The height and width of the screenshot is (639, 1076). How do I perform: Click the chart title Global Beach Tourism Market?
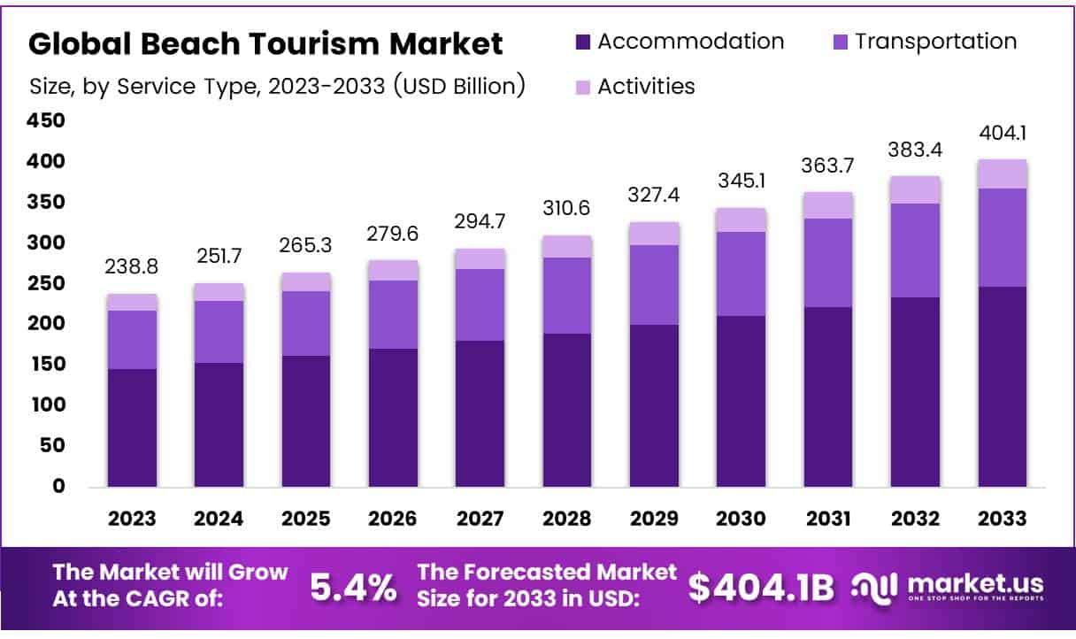pyautogui.click(x=266, y=43)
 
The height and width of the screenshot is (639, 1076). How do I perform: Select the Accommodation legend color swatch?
pyautogui.click(x=582, y=42)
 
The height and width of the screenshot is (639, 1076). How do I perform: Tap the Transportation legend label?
pyautogui.click(x=935, y=42)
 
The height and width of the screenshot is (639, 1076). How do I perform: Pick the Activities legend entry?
pyautogui.click(x=646, y=86)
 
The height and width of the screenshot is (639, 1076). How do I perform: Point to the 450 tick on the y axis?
pyautogui.click(x=47, y=120)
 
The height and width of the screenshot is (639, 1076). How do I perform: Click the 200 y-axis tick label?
pyautogui.click(x=47, y=324)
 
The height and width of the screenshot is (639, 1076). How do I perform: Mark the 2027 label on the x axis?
pyautogui.click(x=480, y=519)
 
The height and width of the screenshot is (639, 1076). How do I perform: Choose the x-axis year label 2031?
pyautogui.click(x=828, y=519)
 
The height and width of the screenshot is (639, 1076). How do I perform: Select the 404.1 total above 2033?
pyautogui.click(x=1002, y=134)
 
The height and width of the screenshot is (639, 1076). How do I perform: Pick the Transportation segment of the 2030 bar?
pyautogui.click(x=742, y=273)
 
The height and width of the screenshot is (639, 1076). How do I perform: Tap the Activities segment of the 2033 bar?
pyautogui.click(x=1002, y=173)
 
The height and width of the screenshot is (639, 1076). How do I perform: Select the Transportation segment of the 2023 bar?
pyautogui.click(x=133, y=339)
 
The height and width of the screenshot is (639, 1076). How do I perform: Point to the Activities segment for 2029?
pyautogui.click(x=655, y=233)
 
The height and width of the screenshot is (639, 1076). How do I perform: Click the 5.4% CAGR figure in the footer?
pyautogui.click(x=353, y=587)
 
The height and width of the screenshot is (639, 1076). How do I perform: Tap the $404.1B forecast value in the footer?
pyautogui.click(x=761, y=587)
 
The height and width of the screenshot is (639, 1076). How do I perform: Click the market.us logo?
pyautogui.click(x=947, y=587)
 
